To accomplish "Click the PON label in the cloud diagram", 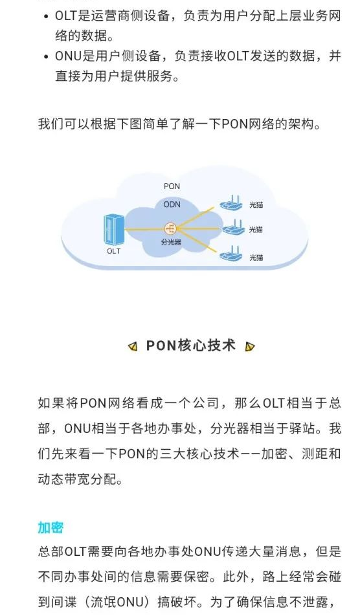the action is pyautogui.click(x=172, y=186).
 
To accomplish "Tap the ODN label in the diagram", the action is pyautogui.click(x=172, y=204).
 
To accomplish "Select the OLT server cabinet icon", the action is pyautogui.click(x=114, y=230).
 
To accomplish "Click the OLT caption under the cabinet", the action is pyautogui.click(x=113, y=251).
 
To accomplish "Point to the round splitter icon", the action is pyautogui.click(x=170, y=228).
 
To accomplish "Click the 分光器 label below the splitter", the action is pyautogui.click(x=171, y=242).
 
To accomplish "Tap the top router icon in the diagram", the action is pyautogui.click(x=231, y=203).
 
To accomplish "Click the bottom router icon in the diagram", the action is pyautogui.click(x=231, y=254).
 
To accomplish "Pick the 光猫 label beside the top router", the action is pyautogui.click(x=256, y=204).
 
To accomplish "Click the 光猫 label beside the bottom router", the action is pyautogui.click(x=256, y=258).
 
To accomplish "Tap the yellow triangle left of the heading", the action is pyautogui.click(x=133, y=347).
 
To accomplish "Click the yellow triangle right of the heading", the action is pyautogui.click(x=249, y=347).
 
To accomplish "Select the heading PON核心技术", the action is pyautogui.click(x=191, y=346).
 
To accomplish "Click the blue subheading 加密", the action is pyautogui.click(x=51, y=527).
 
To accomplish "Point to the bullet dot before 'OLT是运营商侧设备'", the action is pyautogui.click(x=47, y=17).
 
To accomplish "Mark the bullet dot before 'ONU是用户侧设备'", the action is pyautogui.click(x=47, y=57).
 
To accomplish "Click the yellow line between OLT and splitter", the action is pyautogui.click(x=144, y=229).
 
